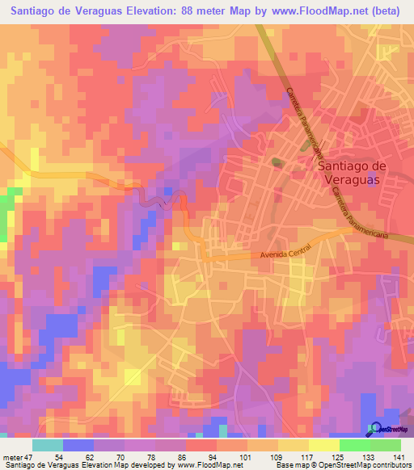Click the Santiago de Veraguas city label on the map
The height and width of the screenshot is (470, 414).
point(353,174)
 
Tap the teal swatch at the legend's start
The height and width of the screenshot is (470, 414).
point(48,445)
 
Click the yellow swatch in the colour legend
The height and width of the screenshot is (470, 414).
point(294,445)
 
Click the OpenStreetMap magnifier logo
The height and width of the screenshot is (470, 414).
point(375,428)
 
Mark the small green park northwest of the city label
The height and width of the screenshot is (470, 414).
point(277,162)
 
